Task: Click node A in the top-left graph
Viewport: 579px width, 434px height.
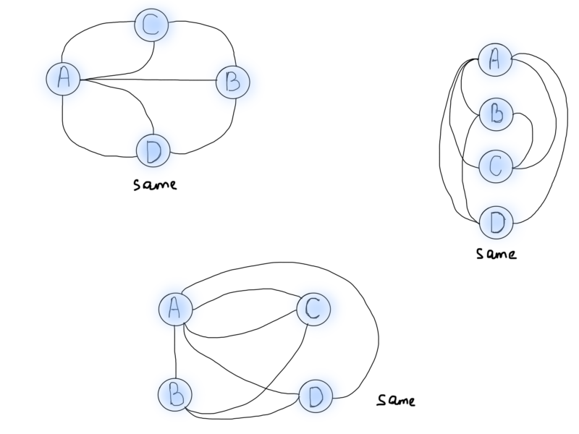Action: coord(63,79)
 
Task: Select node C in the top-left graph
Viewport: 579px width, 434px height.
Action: coord(152,27)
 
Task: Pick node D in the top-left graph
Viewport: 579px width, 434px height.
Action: coord(153,150)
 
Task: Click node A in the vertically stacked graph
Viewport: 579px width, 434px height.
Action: coord(496,61)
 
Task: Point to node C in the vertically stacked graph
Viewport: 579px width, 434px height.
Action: coord(496,166)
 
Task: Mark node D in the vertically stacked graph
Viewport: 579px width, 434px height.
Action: coord(496,221)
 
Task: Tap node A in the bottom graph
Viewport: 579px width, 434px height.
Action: coord(175,309)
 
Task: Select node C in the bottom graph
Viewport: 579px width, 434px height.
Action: coord(313,309)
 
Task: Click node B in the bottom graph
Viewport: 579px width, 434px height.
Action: coord(175,395)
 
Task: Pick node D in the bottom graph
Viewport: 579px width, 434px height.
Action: coord(313,396)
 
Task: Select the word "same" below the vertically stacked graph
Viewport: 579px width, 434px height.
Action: coord(496,254)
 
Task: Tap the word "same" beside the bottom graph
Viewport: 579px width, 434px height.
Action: coord(397,399)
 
